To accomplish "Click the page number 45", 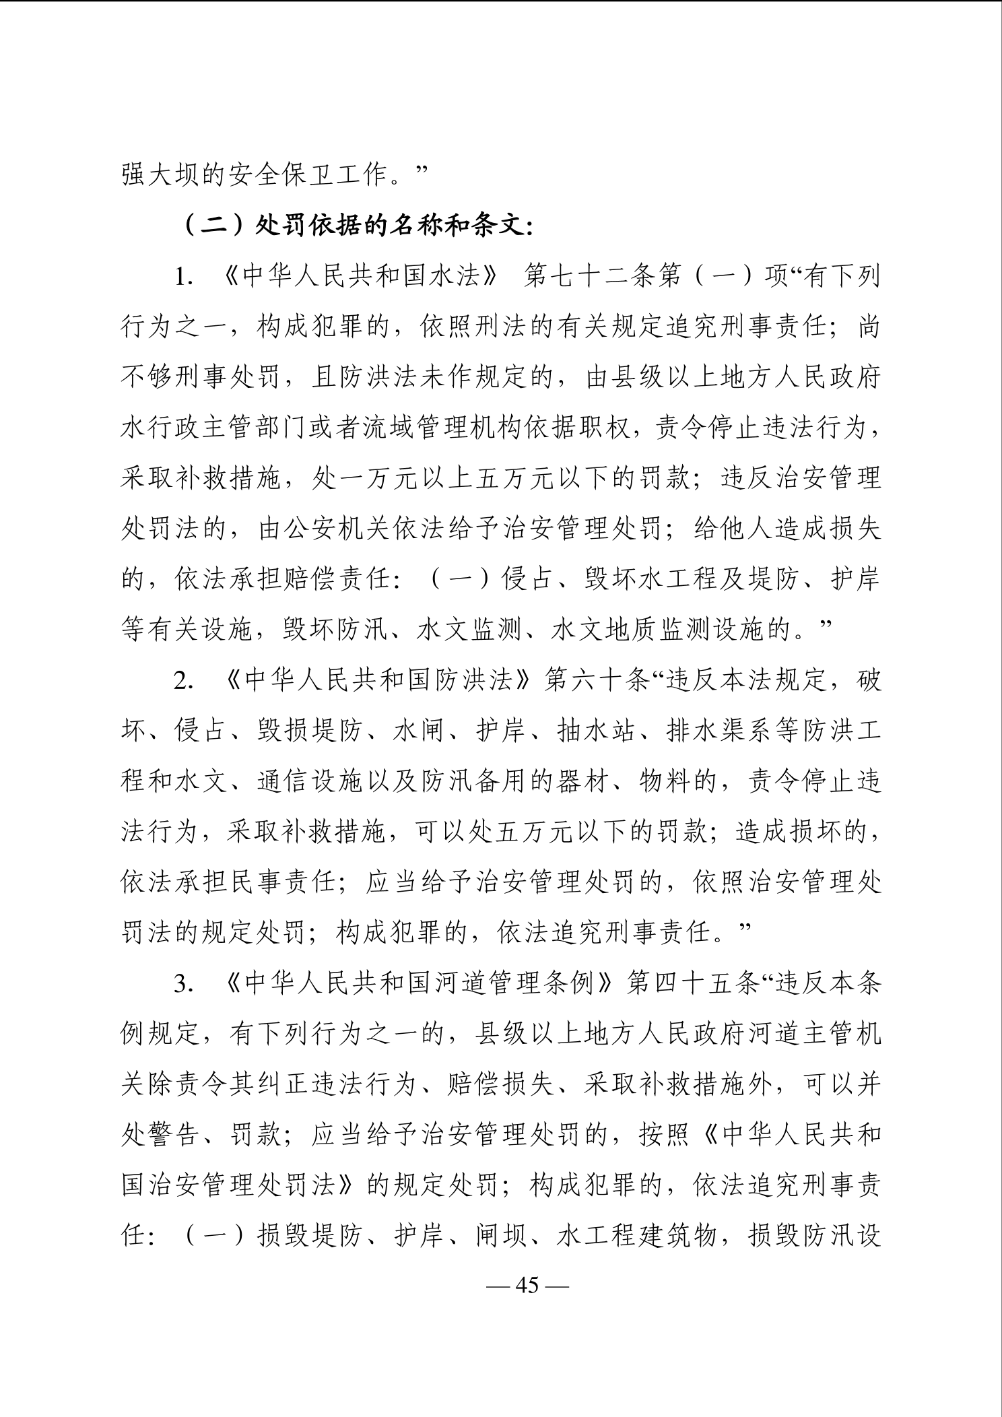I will coord(527,1285).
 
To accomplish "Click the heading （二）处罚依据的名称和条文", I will coord(358,226).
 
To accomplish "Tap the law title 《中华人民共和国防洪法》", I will coord(378,681).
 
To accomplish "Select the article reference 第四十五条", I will coord(694,984).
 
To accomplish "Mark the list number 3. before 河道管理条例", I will coord(183,985).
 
